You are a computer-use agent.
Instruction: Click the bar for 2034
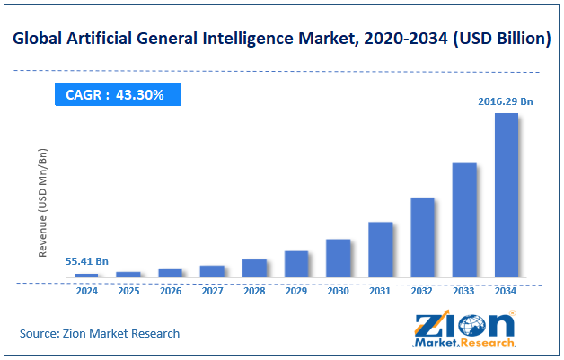507,195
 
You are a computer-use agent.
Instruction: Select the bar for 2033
464,220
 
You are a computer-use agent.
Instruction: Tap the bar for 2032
422,237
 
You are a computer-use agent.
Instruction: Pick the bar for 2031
380,250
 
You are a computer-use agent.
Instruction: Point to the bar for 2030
338,259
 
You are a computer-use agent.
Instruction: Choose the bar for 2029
296,264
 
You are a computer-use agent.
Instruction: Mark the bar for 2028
254,268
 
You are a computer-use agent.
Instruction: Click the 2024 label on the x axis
86,292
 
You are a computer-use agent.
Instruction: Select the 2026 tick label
171,292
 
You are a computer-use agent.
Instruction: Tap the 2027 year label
212,292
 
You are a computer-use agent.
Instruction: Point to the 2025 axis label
128,292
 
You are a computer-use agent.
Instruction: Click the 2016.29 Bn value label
505,102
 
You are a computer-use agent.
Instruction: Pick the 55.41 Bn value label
87,262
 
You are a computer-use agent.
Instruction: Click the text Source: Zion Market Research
100,333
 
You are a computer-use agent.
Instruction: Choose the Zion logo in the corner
464,329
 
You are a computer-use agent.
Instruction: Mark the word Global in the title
40,40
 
